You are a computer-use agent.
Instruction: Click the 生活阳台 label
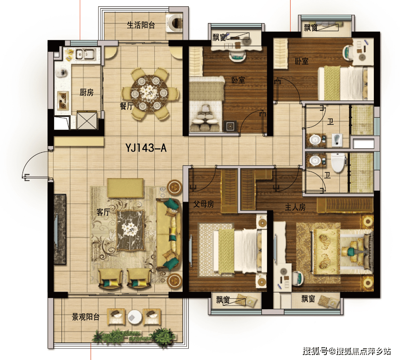[141, 25]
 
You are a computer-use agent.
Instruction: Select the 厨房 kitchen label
[86, 92]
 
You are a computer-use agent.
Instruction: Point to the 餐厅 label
[127, 106]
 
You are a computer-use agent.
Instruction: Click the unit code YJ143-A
[146, 148]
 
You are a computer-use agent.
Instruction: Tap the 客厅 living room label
[103, 212]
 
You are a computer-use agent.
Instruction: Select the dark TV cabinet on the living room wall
[60, 229]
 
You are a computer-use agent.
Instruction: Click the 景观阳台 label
[86, 317]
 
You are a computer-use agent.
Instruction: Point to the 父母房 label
[204, 204]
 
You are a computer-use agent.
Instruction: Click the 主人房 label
[295, 207]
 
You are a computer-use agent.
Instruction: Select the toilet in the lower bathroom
[338, 162]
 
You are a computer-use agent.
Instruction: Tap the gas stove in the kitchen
[63, 99]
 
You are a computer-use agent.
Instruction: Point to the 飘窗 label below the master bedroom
[309, 299]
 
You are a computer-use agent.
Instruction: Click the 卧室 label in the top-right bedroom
[302, 61]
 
